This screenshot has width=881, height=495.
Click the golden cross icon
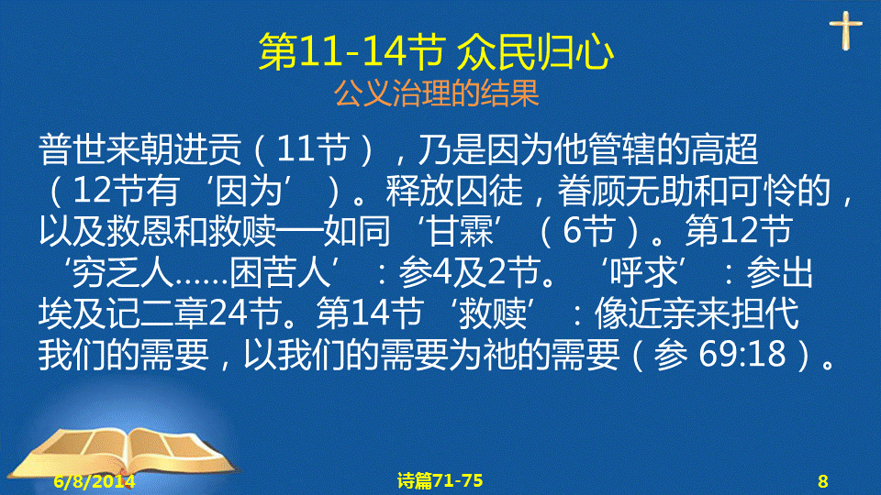(x=845, y=30)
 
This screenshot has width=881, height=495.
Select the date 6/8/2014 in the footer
(x=95, y=481)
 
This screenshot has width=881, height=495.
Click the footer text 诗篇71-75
(x=440, y=480)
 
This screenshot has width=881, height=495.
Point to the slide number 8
(x=822, y=481)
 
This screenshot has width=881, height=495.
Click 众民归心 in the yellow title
(x=535, y=52)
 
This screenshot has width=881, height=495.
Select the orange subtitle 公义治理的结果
(x=437, y=93)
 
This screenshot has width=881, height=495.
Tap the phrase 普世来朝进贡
(x=139, y=149)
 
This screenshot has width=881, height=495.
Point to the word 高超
(x=725, y=149)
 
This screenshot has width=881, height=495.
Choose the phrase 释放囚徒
(x=454, y=191)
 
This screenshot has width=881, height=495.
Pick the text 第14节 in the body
(x=370, y=313)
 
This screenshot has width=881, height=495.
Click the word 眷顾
(x=591, y=191)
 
